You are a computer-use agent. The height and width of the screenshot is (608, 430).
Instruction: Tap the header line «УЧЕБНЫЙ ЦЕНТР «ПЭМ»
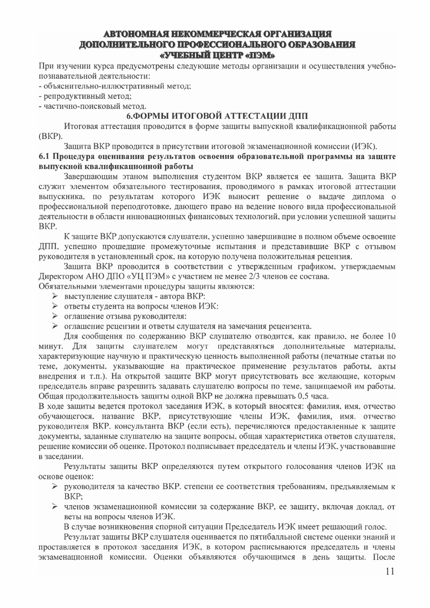pyautogui.click(x=215, y=53)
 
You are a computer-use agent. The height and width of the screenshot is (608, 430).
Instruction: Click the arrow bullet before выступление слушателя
pyautogui.click(x=55, y=296)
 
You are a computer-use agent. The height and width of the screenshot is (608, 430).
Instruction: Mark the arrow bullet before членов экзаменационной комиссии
pyautogui.click(x=55, y=507)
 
